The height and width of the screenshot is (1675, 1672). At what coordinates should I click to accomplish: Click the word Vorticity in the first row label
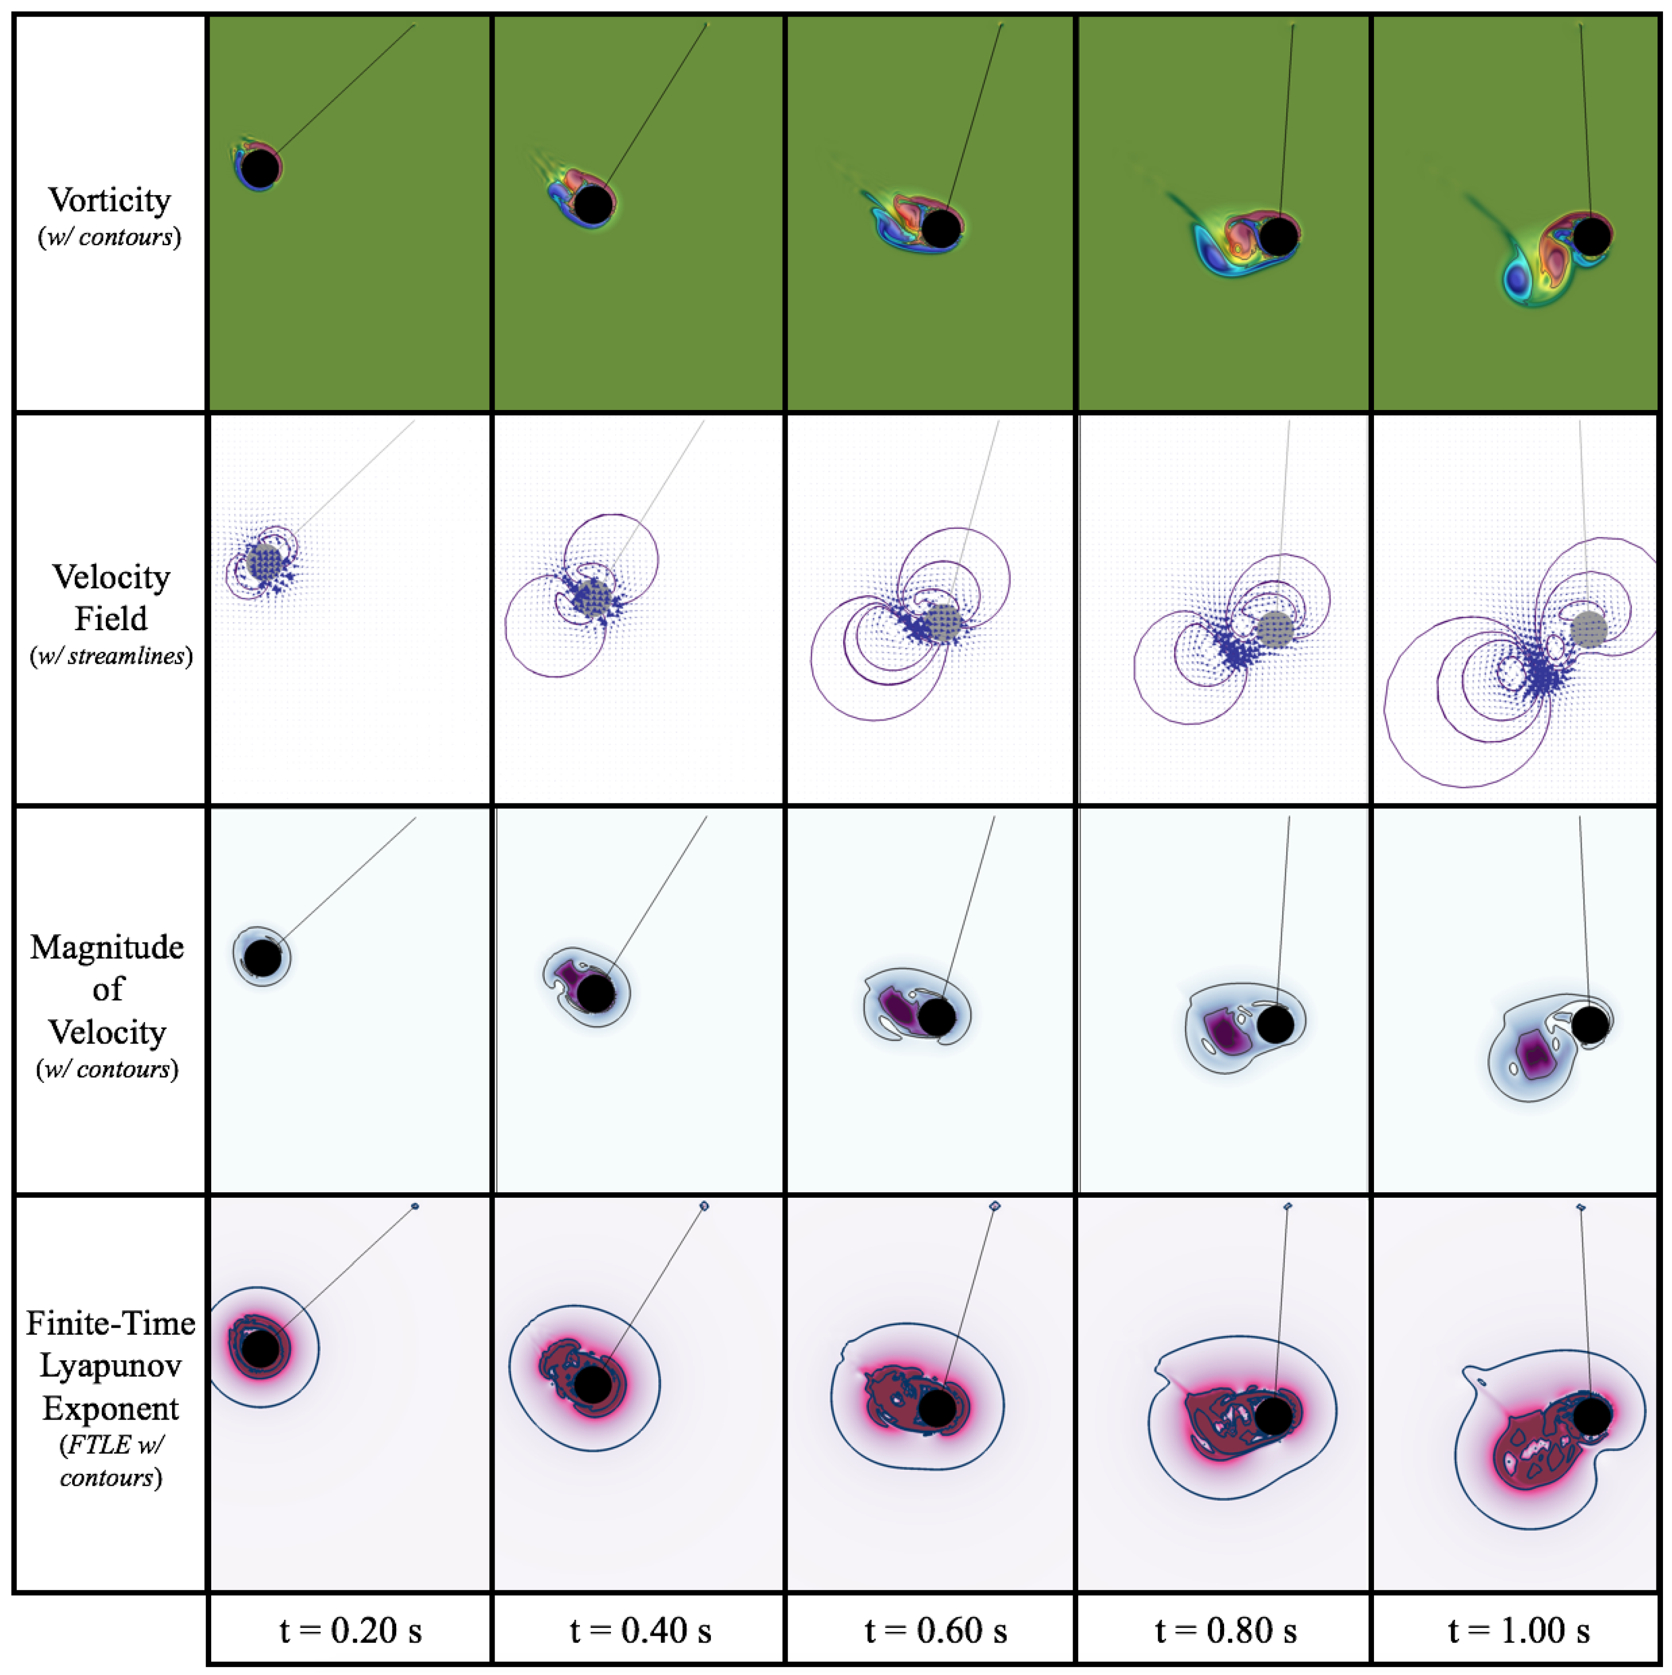click(x=109, y=200)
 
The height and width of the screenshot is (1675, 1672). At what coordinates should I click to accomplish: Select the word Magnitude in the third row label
click(x=107, y=947)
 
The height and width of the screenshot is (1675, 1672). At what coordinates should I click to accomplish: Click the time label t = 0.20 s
click(x=350, y=1630)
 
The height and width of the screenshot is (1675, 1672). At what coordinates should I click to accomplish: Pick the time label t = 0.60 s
click(x=935, y=1630)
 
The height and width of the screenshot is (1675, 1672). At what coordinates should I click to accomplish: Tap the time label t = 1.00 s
click(x=1518, y=1630)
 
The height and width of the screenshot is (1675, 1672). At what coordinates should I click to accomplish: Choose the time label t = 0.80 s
click(x=1226, y=1630)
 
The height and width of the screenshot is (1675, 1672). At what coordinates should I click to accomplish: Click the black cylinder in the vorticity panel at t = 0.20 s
click(x=260, y=168)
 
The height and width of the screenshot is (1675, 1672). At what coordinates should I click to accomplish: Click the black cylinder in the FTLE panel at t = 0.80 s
click(x=1273, y=1417)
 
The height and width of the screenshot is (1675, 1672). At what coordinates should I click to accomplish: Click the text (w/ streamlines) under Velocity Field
click(x=111, y=656)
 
